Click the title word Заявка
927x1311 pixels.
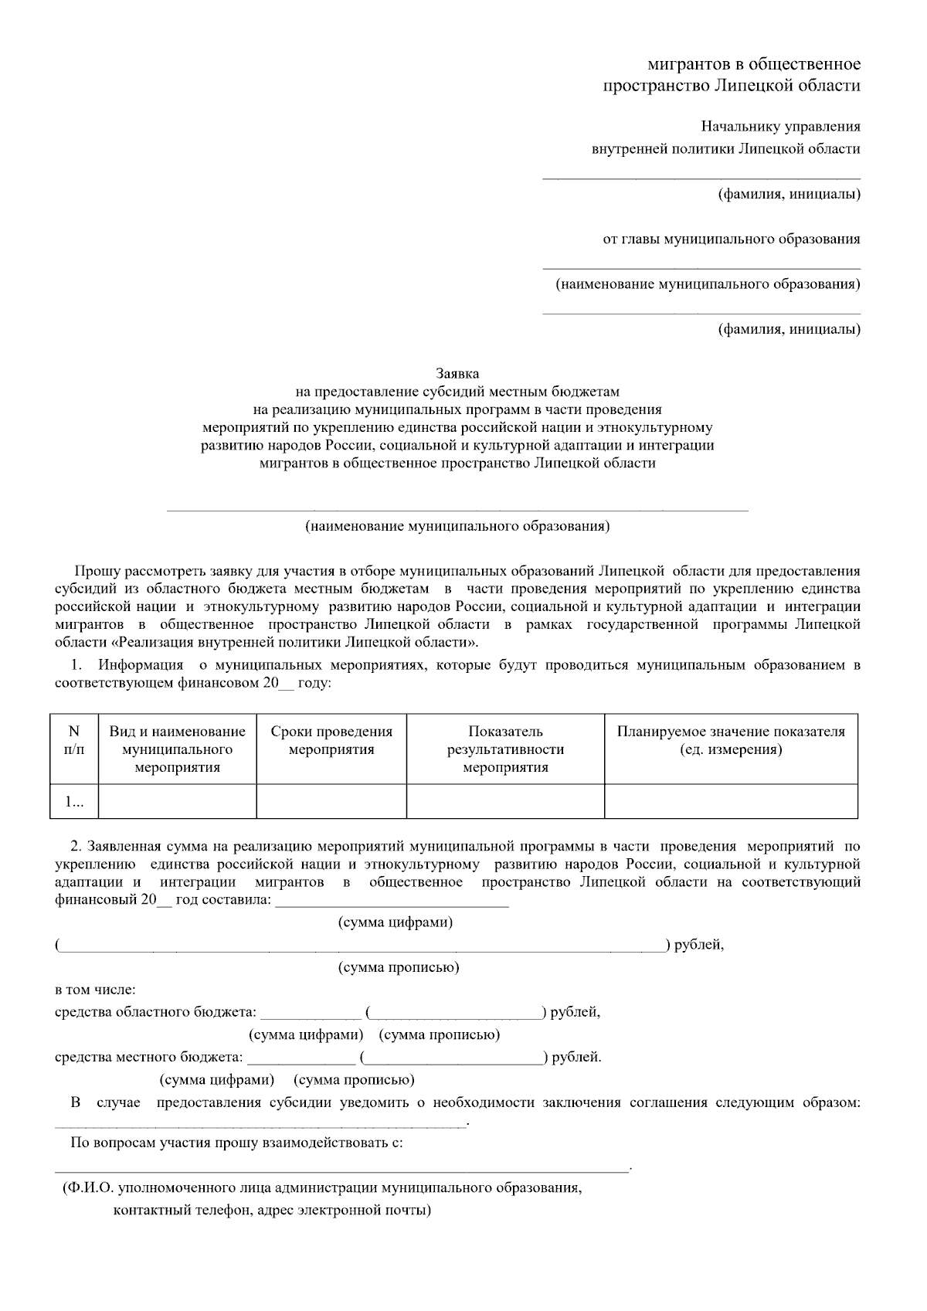(x=457, y=374)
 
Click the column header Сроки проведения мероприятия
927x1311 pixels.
(x=331, y=740)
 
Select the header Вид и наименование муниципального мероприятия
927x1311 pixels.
(x=178, y=749)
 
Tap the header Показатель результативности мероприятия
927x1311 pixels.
(x=505, y=749)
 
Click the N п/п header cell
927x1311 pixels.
(x=74, y=740)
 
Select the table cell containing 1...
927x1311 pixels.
(x=74, y=802)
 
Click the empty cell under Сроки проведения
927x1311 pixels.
(x=331, y=802)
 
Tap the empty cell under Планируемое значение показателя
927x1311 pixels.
(x=731, y=802)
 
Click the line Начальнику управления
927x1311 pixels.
(x=780, y=127)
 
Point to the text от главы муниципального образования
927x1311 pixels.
(x=731, y=239)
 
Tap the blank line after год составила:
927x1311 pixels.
(x=392, y=904)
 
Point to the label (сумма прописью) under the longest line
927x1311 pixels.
(x=399, y=967)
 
